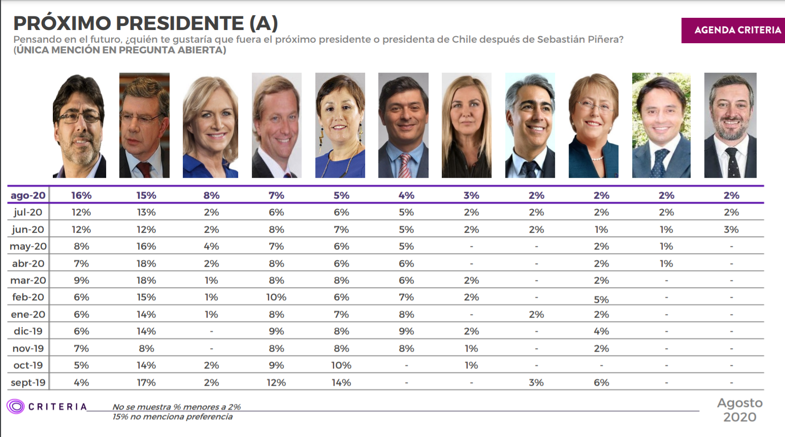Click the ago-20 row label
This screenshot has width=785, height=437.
(28, 196)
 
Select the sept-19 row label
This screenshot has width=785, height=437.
(28, 383)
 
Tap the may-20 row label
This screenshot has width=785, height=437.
(28, 246)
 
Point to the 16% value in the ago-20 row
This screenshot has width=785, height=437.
(81, 196)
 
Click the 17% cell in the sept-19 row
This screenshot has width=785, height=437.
(146, 383)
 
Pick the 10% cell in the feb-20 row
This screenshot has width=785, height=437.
(276, 297)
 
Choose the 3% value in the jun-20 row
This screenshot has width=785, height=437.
(731, 230)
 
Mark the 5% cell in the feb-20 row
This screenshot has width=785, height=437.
(601, 300)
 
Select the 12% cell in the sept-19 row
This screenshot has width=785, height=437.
(276, 383)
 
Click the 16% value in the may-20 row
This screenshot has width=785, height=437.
(146, 246)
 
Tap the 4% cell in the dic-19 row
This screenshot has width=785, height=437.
(601, 331)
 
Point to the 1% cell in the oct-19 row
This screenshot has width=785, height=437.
(471, 365)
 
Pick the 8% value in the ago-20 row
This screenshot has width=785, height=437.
(211, 196)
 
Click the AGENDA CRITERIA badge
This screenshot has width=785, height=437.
(737, 30)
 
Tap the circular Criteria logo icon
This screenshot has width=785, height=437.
(15, 407)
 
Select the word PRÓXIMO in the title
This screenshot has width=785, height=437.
(61, 23)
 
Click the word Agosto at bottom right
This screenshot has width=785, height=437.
(740, 403)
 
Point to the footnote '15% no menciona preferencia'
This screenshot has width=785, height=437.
(173, 417)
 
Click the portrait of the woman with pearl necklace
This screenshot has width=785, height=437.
(593, 125)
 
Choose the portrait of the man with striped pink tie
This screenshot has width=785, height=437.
(403, 125)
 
